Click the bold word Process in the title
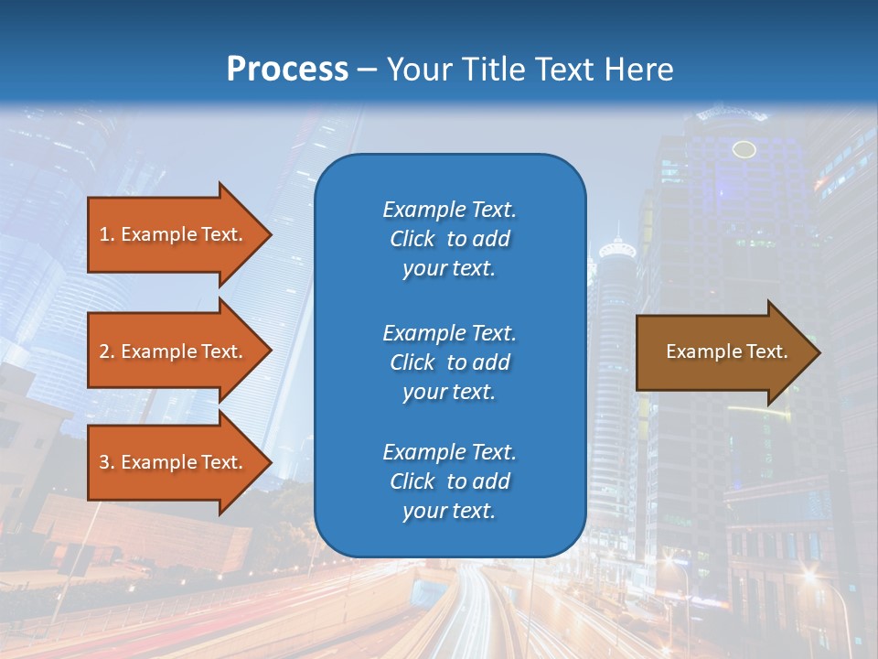tap(287, 70)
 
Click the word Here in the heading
tap(639, 70)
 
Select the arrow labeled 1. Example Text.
tap(171, 234)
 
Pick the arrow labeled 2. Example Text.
tap(171, 351)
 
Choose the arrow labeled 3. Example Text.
tap(171, 462)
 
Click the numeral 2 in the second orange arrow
tap(104, 351)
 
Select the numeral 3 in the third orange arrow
tap(104, 462)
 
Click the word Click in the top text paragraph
tap(412, 240)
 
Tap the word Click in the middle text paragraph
tap(412, 362)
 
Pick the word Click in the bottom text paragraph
tap(412, 481)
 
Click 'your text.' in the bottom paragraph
tap(449, 512)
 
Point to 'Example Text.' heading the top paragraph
tap(449, 210)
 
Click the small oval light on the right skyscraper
tap(744, 149)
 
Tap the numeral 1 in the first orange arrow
tap(104, 234)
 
